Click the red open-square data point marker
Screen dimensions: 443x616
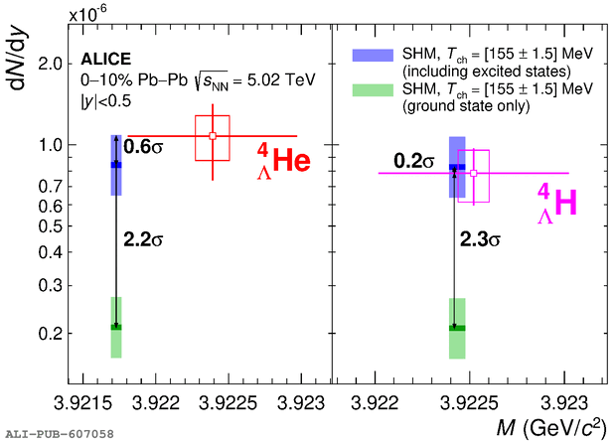213,136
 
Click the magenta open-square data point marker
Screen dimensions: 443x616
473,174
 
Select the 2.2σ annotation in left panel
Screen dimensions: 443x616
144,239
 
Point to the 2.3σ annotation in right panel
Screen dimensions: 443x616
480,239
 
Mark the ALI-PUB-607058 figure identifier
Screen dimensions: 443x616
59,434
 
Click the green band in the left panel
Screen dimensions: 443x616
116,327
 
